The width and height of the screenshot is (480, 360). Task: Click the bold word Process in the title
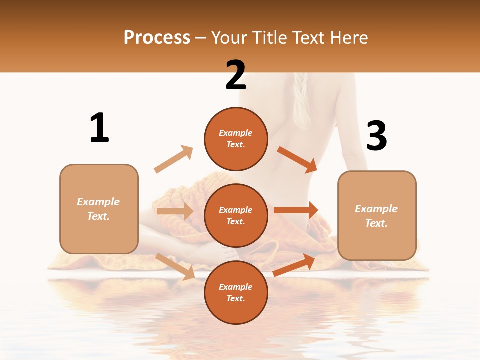[157, 38]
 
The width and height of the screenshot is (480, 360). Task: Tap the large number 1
[99, 128]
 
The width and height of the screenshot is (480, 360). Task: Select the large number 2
[236, 75]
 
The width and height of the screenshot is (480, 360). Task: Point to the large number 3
[376, 136]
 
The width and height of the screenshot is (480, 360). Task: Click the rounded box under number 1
[99, 209]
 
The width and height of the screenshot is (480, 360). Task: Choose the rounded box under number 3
[377, 215]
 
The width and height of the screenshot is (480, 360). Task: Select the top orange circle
[236, 139]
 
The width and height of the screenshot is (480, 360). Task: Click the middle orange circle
[236, 215]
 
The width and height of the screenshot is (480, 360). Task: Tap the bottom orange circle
[236, 292]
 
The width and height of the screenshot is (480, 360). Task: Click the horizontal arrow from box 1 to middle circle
[175, 211]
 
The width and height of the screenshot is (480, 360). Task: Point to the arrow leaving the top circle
[297, 159]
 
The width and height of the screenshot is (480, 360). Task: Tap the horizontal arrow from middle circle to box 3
[296, 210]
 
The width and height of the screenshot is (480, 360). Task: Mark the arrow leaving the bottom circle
[294, 265]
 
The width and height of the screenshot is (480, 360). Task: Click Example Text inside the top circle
[236, 139]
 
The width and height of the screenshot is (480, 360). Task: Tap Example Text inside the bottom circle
[236, 292]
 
